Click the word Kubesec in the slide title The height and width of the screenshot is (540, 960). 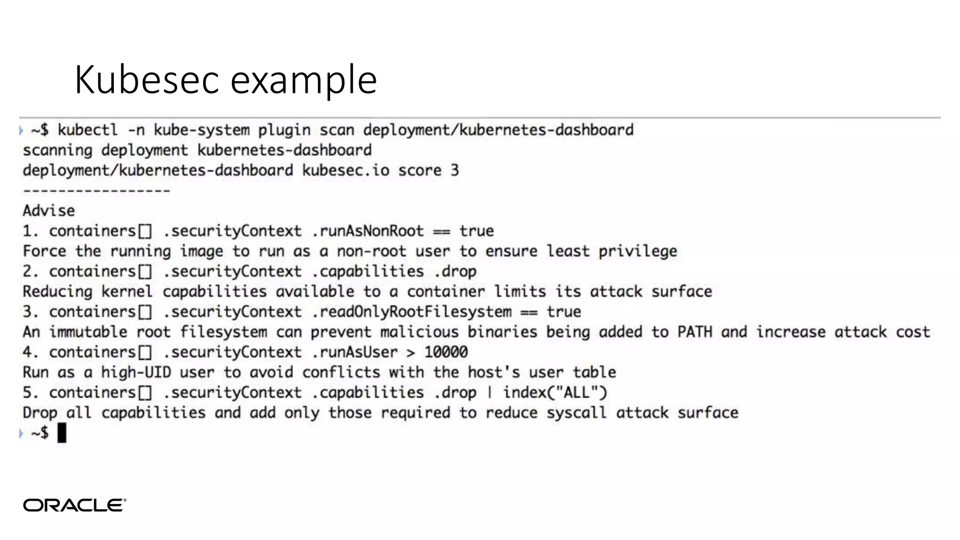146,80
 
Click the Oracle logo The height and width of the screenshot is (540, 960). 75,505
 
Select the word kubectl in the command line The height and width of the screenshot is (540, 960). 88,130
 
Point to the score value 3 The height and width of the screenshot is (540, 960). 455,170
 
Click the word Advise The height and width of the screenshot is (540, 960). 49,211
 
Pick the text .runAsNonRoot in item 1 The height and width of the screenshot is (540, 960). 367,231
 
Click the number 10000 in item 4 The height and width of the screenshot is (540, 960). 446,352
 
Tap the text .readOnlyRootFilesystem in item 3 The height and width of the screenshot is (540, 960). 412,312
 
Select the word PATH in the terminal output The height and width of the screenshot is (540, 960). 694,332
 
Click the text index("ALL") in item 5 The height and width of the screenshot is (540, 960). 555,392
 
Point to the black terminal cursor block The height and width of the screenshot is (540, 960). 62,433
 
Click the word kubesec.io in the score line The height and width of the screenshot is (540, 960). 345,170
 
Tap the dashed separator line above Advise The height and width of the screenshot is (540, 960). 97,191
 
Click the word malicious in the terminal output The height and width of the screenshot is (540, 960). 419,332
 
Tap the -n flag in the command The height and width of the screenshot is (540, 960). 136,130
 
